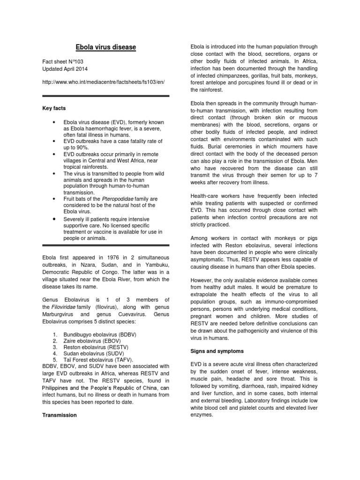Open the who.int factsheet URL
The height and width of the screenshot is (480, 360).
click(103, 82)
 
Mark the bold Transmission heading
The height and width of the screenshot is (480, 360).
click(60, 415)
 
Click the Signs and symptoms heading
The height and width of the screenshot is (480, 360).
click(217, 351)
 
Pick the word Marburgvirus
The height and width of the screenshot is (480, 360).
click(61, 314)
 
